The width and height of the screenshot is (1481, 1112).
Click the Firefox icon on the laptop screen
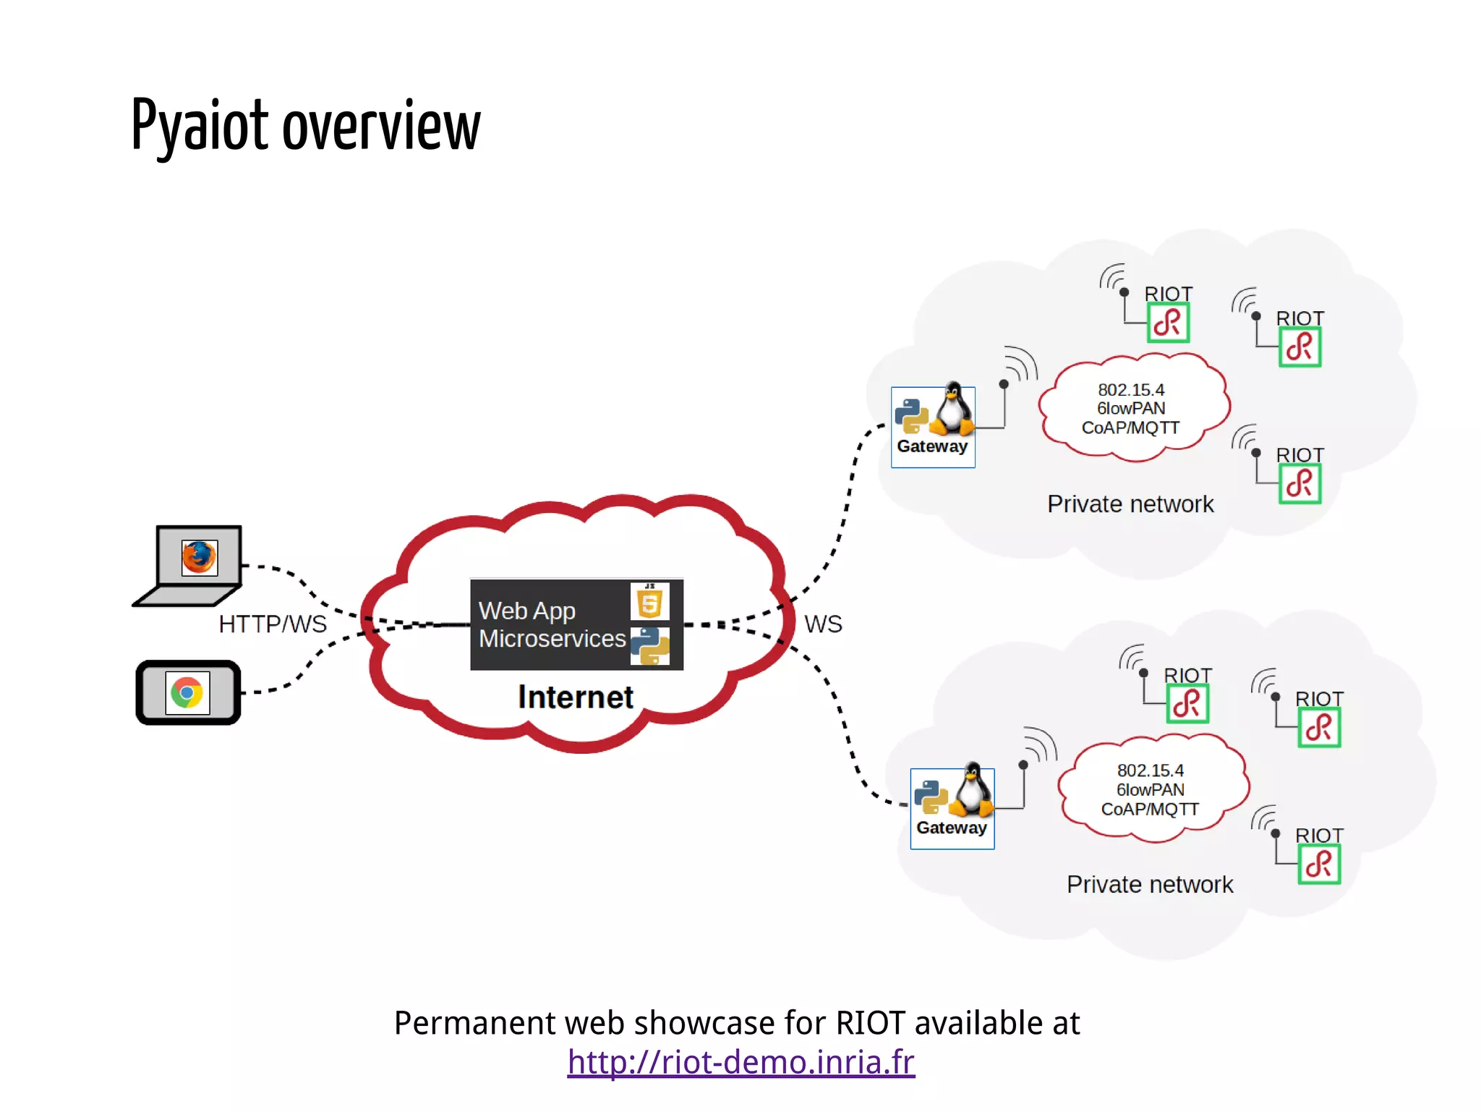coord(199,558)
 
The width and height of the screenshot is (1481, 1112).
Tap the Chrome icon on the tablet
coord(187,692)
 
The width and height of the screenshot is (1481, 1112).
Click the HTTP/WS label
coord(273,624)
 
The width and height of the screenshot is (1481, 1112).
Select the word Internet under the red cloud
coord(576,697)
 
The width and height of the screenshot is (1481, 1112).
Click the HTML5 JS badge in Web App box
coord(649,602)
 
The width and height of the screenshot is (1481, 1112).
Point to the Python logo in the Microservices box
coord(649,646)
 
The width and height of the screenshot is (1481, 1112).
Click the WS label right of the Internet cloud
coord(823,624)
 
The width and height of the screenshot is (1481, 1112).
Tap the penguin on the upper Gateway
coord(953,409)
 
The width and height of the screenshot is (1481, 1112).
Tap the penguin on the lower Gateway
coord(973,791)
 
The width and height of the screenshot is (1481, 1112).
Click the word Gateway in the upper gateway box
coord(932,446)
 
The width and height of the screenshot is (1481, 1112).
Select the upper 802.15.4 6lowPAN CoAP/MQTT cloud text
coord(1131,409)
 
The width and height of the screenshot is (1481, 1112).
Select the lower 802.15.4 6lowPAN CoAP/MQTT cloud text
coord(1150,789)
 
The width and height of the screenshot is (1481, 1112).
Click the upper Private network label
coord(1130,504)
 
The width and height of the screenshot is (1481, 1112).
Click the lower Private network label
coord(1150,884)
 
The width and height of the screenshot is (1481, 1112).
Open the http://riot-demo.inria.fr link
coord(740,1062)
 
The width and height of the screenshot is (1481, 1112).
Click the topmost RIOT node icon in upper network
coord(1168,323)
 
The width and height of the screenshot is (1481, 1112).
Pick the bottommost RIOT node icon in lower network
coord(1319,864)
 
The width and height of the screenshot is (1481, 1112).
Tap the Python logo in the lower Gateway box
coord(931,797)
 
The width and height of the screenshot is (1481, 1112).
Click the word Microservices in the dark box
coord(552,639)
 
